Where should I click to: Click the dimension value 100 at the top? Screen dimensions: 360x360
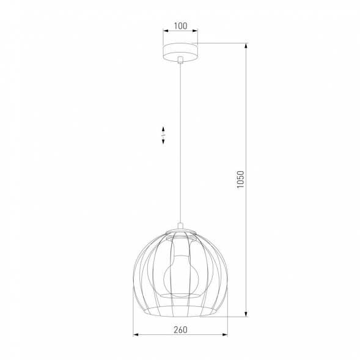click(x=180, y=26)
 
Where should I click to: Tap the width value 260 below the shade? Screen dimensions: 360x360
click(x=180, y=330)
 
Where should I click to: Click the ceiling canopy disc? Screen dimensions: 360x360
click(x=180, y=50)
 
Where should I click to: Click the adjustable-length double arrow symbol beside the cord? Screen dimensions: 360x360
click(x=163, y=135)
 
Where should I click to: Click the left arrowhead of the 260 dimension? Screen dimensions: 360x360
click(x=136, y=335)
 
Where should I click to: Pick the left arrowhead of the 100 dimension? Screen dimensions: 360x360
click(x=164, y=32)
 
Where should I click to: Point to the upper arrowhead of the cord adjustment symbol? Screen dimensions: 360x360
click(x=163, y=129)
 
